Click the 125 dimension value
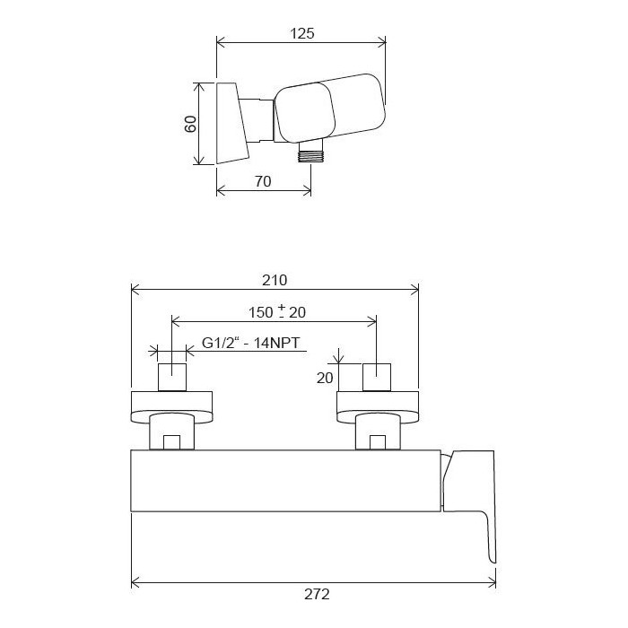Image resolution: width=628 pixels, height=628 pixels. (x=302, y=33)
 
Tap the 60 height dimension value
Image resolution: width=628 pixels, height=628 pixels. (x=190, y=124)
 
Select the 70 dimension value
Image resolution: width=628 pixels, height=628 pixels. (x=263, y=181)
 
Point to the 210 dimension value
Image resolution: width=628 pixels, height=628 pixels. (x=275, y=280)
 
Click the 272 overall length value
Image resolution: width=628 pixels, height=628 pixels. (x=317, y=594)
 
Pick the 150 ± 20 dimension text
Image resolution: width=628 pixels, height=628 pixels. (x=277, y=311)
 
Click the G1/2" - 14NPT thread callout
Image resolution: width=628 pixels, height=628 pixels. (x=250, y=344)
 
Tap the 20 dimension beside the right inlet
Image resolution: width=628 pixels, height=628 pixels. (x=325, y=378)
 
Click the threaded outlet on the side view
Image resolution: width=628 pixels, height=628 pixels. (x=310, y=153)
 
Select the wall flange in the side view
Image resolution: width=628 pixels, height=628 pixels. (x=231, y=124)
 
